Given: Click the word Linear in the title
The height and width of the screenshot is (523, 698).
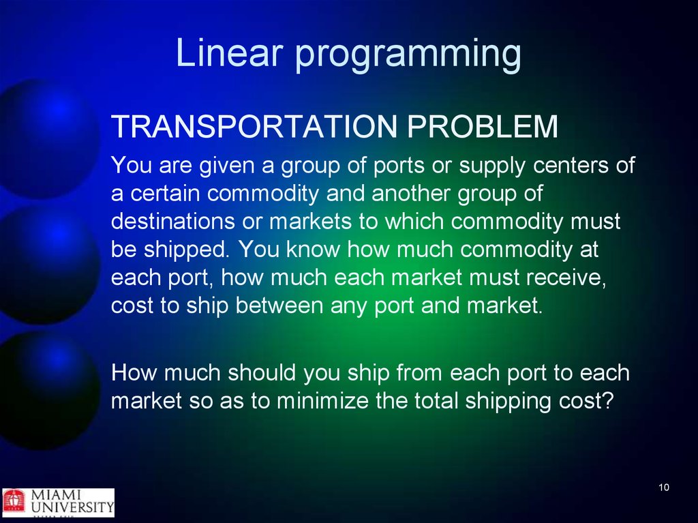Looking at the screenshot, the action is pos(230,52).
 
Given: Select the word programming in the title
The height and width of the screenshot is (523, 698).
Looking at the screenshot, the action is pos(408,56).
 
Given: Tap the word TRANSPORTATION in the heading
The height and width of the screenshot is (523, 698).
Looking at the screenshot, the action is pos(254,126).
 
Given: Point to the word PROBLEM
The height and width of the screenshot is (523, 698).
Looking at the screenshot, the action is pos(483,126).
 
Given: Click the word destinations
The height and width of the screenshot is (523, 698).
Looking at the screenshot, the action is pos(172,221).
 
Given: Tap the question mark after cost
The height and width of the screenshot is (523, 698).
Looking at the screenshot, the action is pos(608,400).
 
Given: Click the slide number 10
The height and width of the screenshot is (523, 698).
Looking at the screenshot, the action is pos(664,488).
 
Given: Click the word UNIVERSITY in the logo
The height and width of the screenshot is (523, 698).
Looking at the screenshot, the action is pos(72,507).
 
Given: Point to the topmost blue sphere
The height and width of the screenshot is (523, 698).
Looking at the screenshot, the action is pos(47,138).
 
